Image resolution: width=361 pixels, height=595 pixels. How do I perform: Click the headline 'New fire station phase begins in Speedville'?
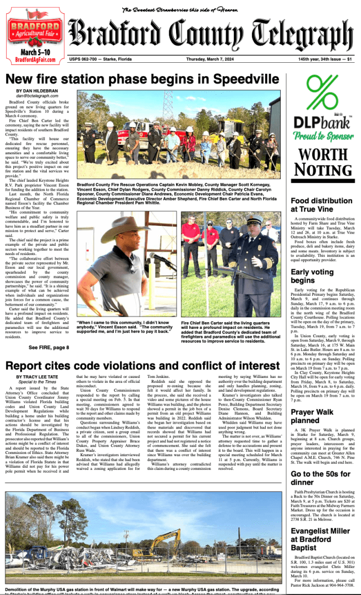coord(143,78)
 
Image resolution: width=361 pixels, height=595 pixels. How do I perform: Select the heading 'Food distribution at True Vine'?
coord(318,205)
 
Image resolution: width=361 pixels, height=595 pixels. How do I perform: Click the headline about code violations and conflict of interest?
coord(142,350)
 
